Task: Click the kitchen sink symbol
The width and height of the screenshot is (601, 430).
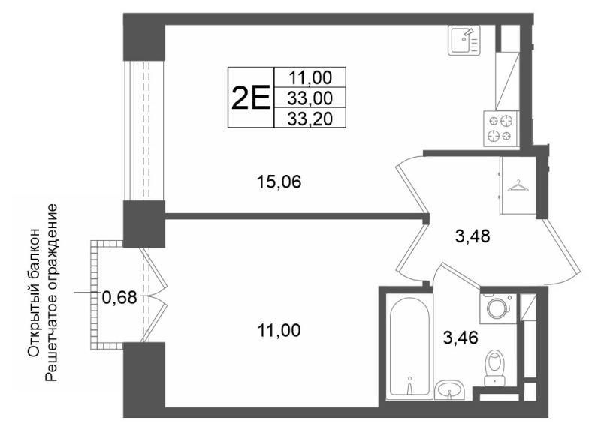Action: (464, 41)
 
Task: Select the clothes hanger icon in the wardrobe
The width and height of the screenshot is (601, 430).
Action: (517, 185)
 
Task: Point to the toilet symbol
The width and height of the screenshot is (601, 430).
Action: (496, 368)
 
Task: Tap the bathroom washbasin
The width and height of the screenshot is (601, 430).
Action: (450, 389)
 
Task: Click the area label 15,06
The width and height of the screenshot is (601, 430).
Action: (279, 182)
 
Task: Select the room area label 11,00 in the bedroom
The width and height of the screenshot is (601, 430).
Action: (279, 330)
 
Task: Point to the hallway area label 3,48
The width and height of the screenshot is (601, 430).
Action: (473, 236)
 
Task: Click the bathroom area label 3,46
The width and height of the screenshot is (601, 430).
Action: (461, 338)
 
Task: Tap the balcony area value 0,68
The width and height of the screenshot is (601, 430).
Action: (119, 296)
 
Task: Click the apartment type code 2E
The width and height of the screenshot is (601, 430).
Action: (251, 98)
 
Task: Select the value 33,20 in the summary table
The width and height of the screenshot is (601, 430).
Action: (310, 119)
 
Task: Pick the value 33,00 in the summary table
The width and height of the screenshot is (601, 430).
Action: (310, 99)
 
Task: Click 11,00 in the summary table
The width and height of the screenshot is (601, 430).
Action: (310, 78)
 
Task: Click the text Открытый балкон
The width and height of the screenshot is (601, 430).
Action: (34, 293)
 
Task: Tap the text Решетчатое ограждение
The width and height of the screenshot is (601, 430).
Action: (51, 293)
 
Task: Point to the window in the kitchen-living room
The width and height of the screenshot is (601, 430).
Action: (144, 131)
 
